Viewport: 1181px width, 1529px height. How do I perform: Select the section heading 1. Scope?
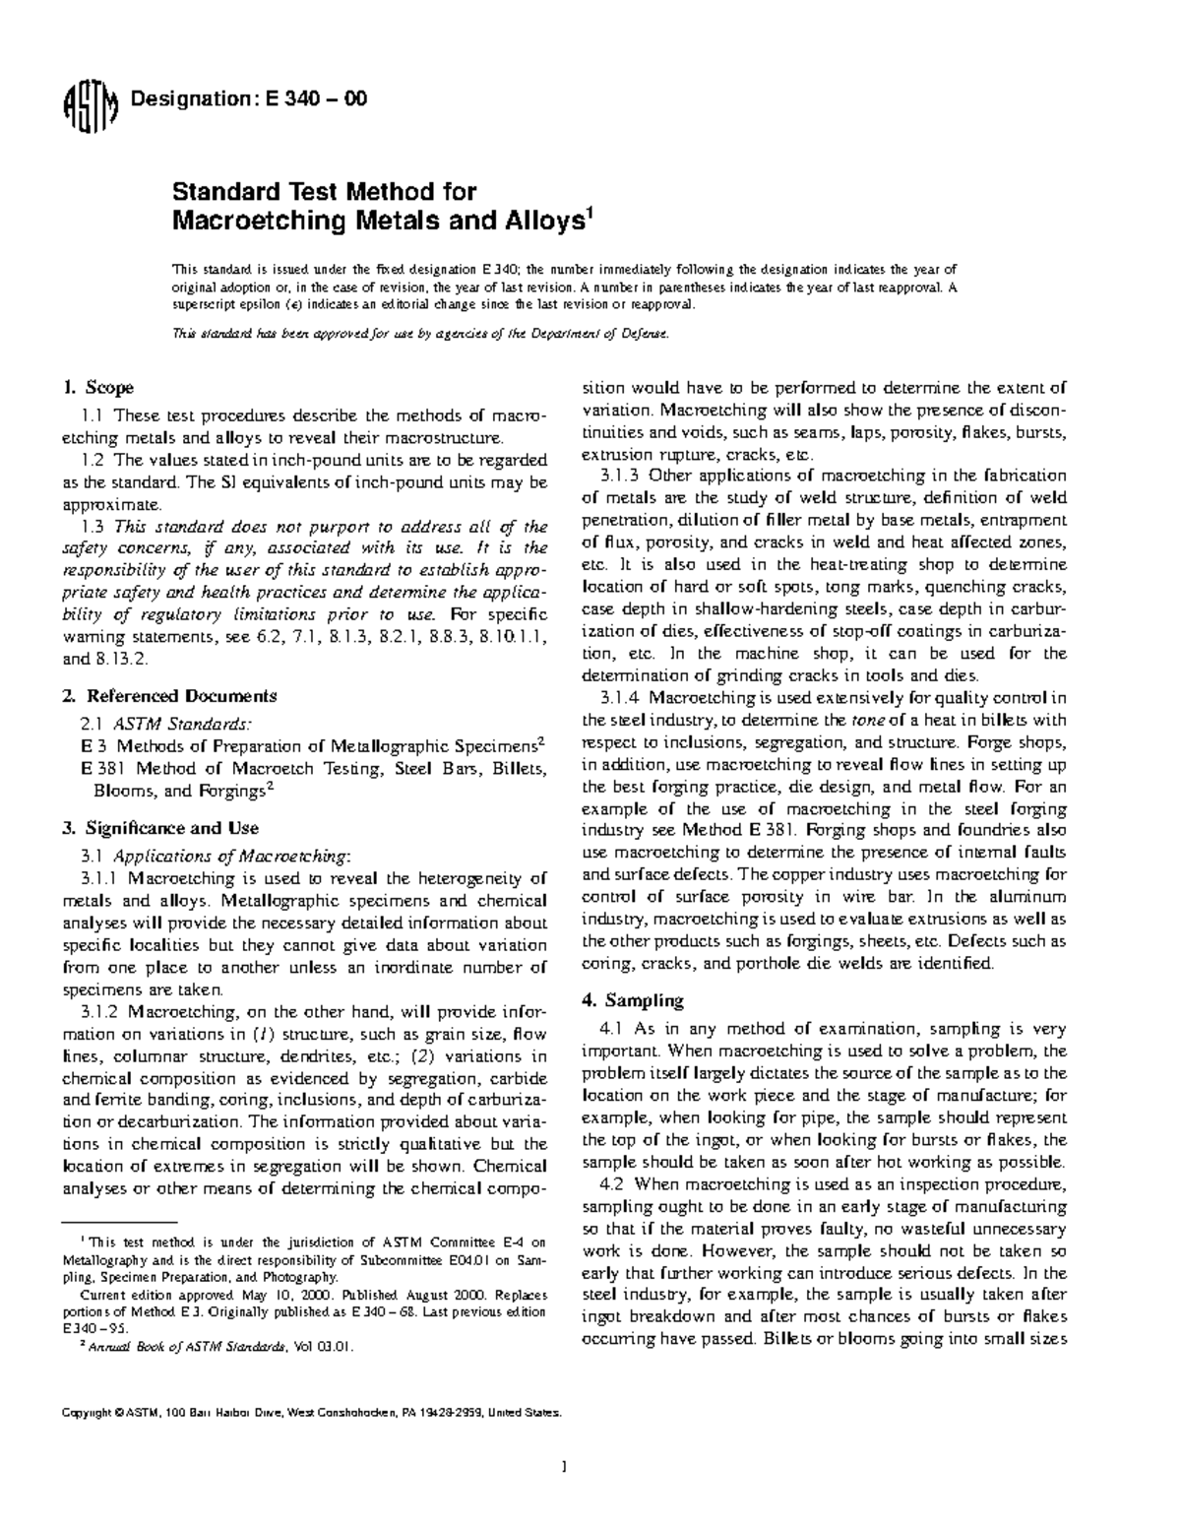coord(97,388)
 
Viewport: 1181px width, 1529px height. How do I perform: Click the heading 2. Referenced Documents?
coord(169,696)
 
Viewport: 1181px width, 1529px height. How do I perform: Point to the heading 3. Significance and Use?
coord(160,828)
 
